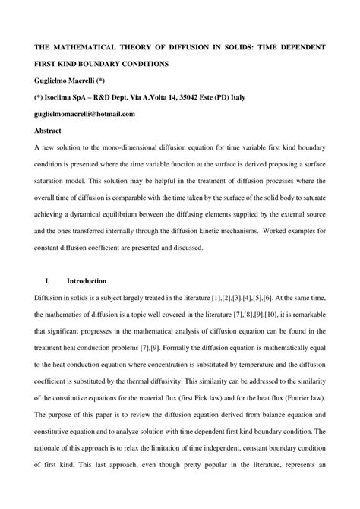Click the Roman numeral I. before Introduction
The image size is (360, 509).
click(48, 281)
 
